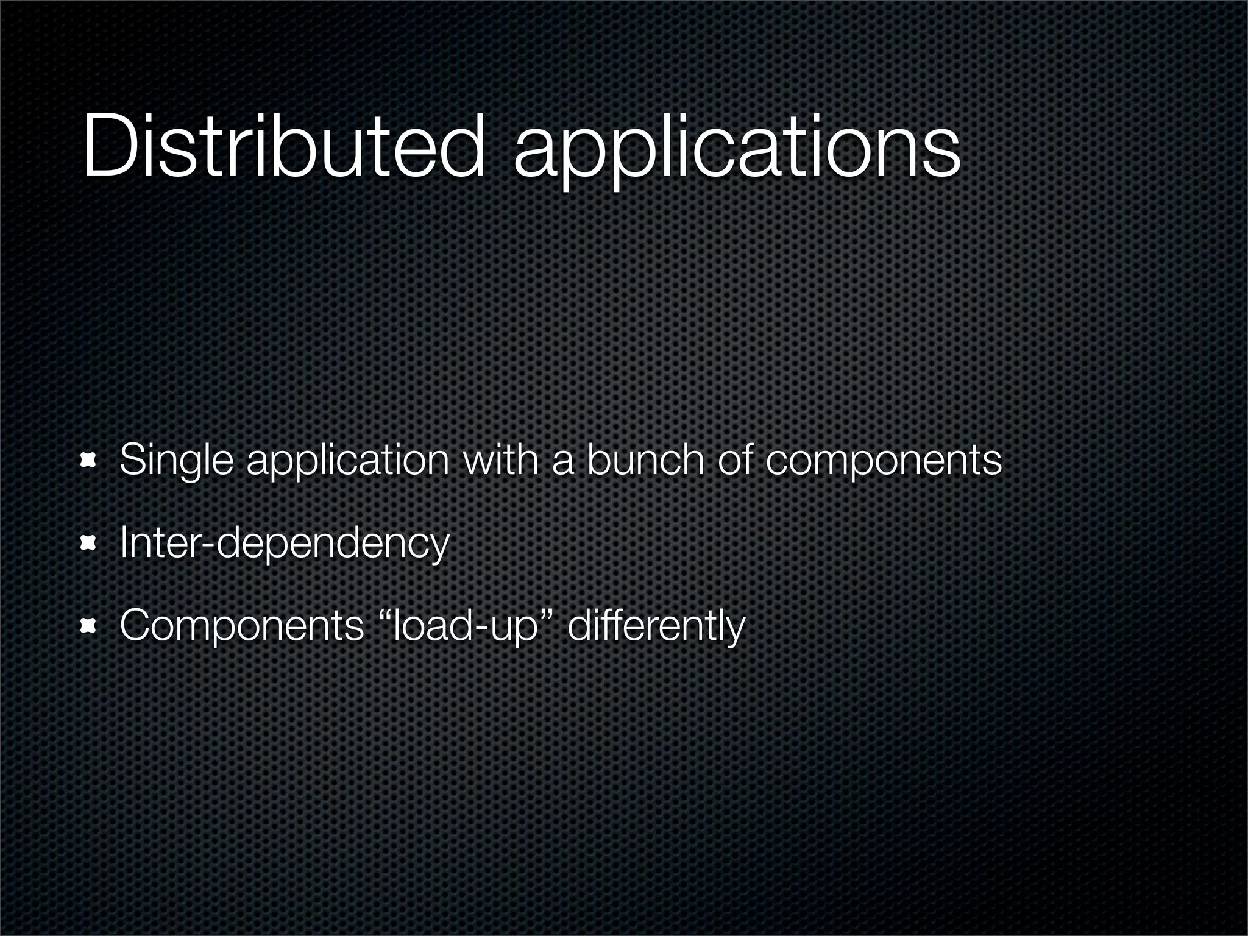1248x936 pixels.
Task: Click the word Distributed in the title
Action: [283, 146]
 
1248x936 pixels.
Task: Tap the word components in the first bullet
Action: [883, 462]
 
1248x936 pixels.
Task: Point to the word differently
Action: [656, 626]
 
